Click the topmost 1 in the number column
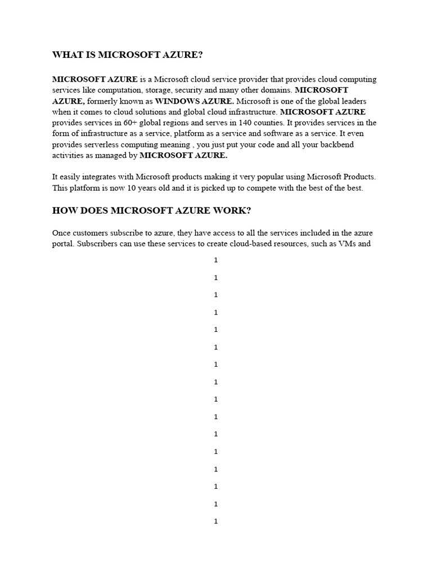(x=216, y=260)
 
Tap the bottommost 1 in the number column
(x=216, y=521)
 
